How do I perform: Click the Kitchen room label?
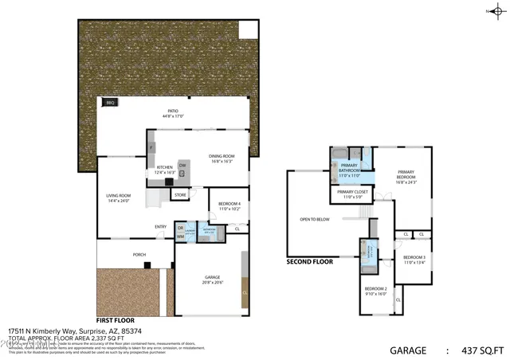[x=165, y=170]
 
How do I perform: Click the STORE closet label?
[x=180, y=194]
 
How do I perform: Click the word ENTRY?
[x=160, y=227]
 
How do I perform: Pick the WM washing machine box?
[x=180, y=237]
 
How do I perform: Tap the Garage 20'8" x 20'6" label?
[x=207, y=279]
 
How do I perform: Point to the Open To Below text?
[x=315, y=219]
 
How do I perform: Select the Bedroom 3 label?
[x=414, y=260]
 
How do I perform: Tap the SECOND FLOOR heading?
[x=309, y=261]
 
